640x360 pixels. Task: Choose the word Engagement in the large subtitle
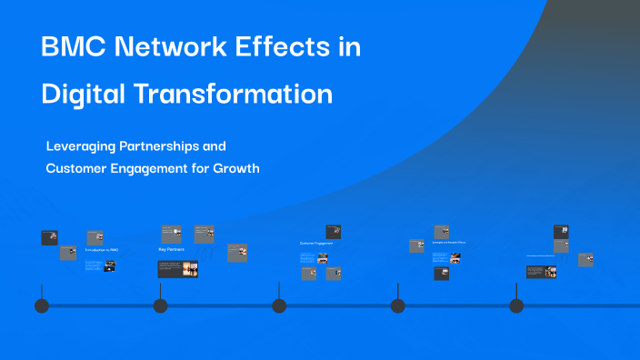(x=162, y=168)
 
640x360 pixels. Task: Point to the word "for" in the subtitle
(x=221, y=168)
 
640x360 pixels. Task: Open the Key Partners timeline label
(x=173, y=249)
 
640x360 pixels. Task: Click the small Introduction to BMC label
(x=101, y=249)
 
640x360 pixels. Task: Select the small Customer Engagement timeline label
(x=316, y=244)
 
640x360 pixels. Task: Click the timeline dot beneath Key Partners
(x=161, y=305)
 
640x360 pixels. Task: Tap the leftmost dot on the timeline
(x=42, y=305)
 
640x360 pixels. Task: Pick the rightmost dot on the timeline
(x=516, y=305)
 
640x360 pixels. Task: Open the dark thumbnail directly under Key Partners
(x=177, y=269)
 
